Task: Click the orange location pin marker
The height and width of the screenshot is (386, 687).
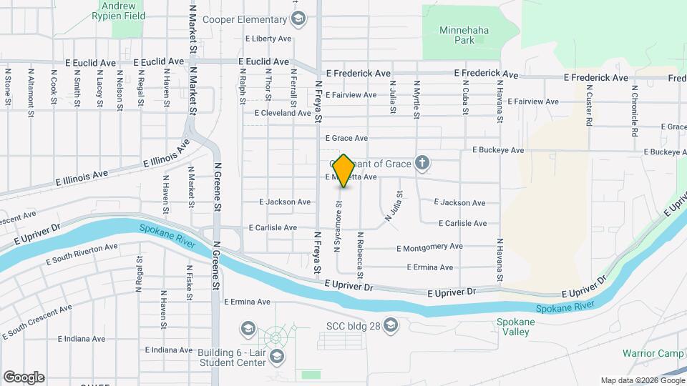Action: coord(343,171)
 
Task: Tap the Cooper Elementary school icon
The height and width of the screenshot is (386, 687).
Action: coord(299,19)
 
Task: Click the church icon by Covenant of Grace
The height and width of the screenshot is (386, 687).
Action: coord(422,164)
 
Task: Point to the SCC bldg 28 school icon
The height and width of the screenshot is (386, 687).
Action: coord(390,327)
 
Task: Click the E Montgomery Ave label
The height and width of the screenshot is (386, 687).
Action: coord(430,247)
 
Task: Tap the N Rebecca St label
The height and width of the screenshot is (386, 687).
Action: coord(360,255)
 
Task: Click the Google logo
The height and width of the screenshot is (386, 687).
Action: coord(23,377)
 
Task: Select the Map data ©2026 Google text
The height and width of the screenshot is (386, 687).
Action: coord(641,380)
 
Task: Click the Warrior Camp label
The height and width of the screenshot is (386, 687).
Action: coord(653,354)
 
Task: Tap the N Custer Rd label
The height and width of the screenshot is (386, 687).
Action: coord(589,103)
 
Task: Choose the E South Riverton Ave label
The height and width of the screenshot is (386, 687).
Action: coord(82,253)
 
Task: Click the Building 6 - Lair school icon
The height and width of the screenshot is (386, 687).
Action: coord(277,355)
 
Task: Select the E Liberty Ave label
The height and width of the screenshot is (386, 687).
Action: coord(268,39)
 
